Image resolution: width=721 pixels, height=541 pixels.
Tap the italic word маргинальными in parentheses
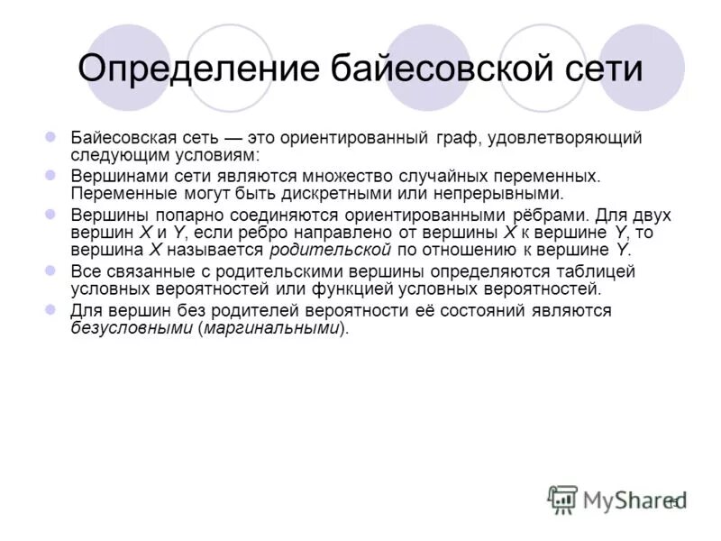coord(274,328)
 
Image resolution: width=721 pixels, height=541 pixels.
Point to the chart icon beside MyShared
coord(562,499)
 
